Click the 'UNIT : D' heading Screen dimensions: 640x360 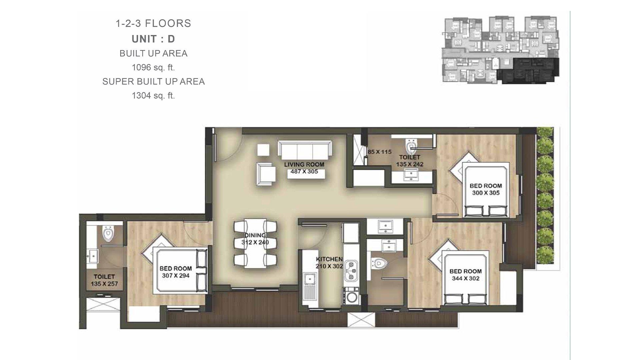click(153, 39)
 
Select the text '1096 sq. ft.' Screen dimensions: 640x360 click(153, 68)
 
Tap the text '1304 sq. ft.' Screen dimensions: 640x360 click(153, 96)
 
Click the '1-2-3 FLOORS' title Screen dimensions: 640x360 click(153, 23)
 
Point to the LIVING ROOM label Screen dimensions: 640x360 click(304, 165)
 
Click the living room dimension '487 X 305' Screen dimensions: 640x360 click(304, 172)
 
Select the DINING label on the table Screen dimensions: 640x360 click(255, 235)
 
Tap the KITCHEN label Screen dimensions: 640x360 click(329, 259)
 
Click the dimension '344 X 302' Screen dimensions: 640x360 click(466, 278)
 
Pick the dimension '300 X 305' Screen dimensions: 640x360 click(486, 193)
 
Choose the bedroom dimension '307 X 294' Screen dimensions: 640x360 click(176, 276)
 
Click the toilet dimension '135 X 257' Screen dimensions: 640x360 click(104, 284)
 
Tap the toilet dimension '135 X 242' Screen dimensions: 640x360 click(410, 164)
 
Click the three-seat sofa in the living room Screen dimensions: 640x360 click(305, 150)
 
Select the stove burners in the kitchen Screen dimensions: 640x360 click(351, 270)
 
